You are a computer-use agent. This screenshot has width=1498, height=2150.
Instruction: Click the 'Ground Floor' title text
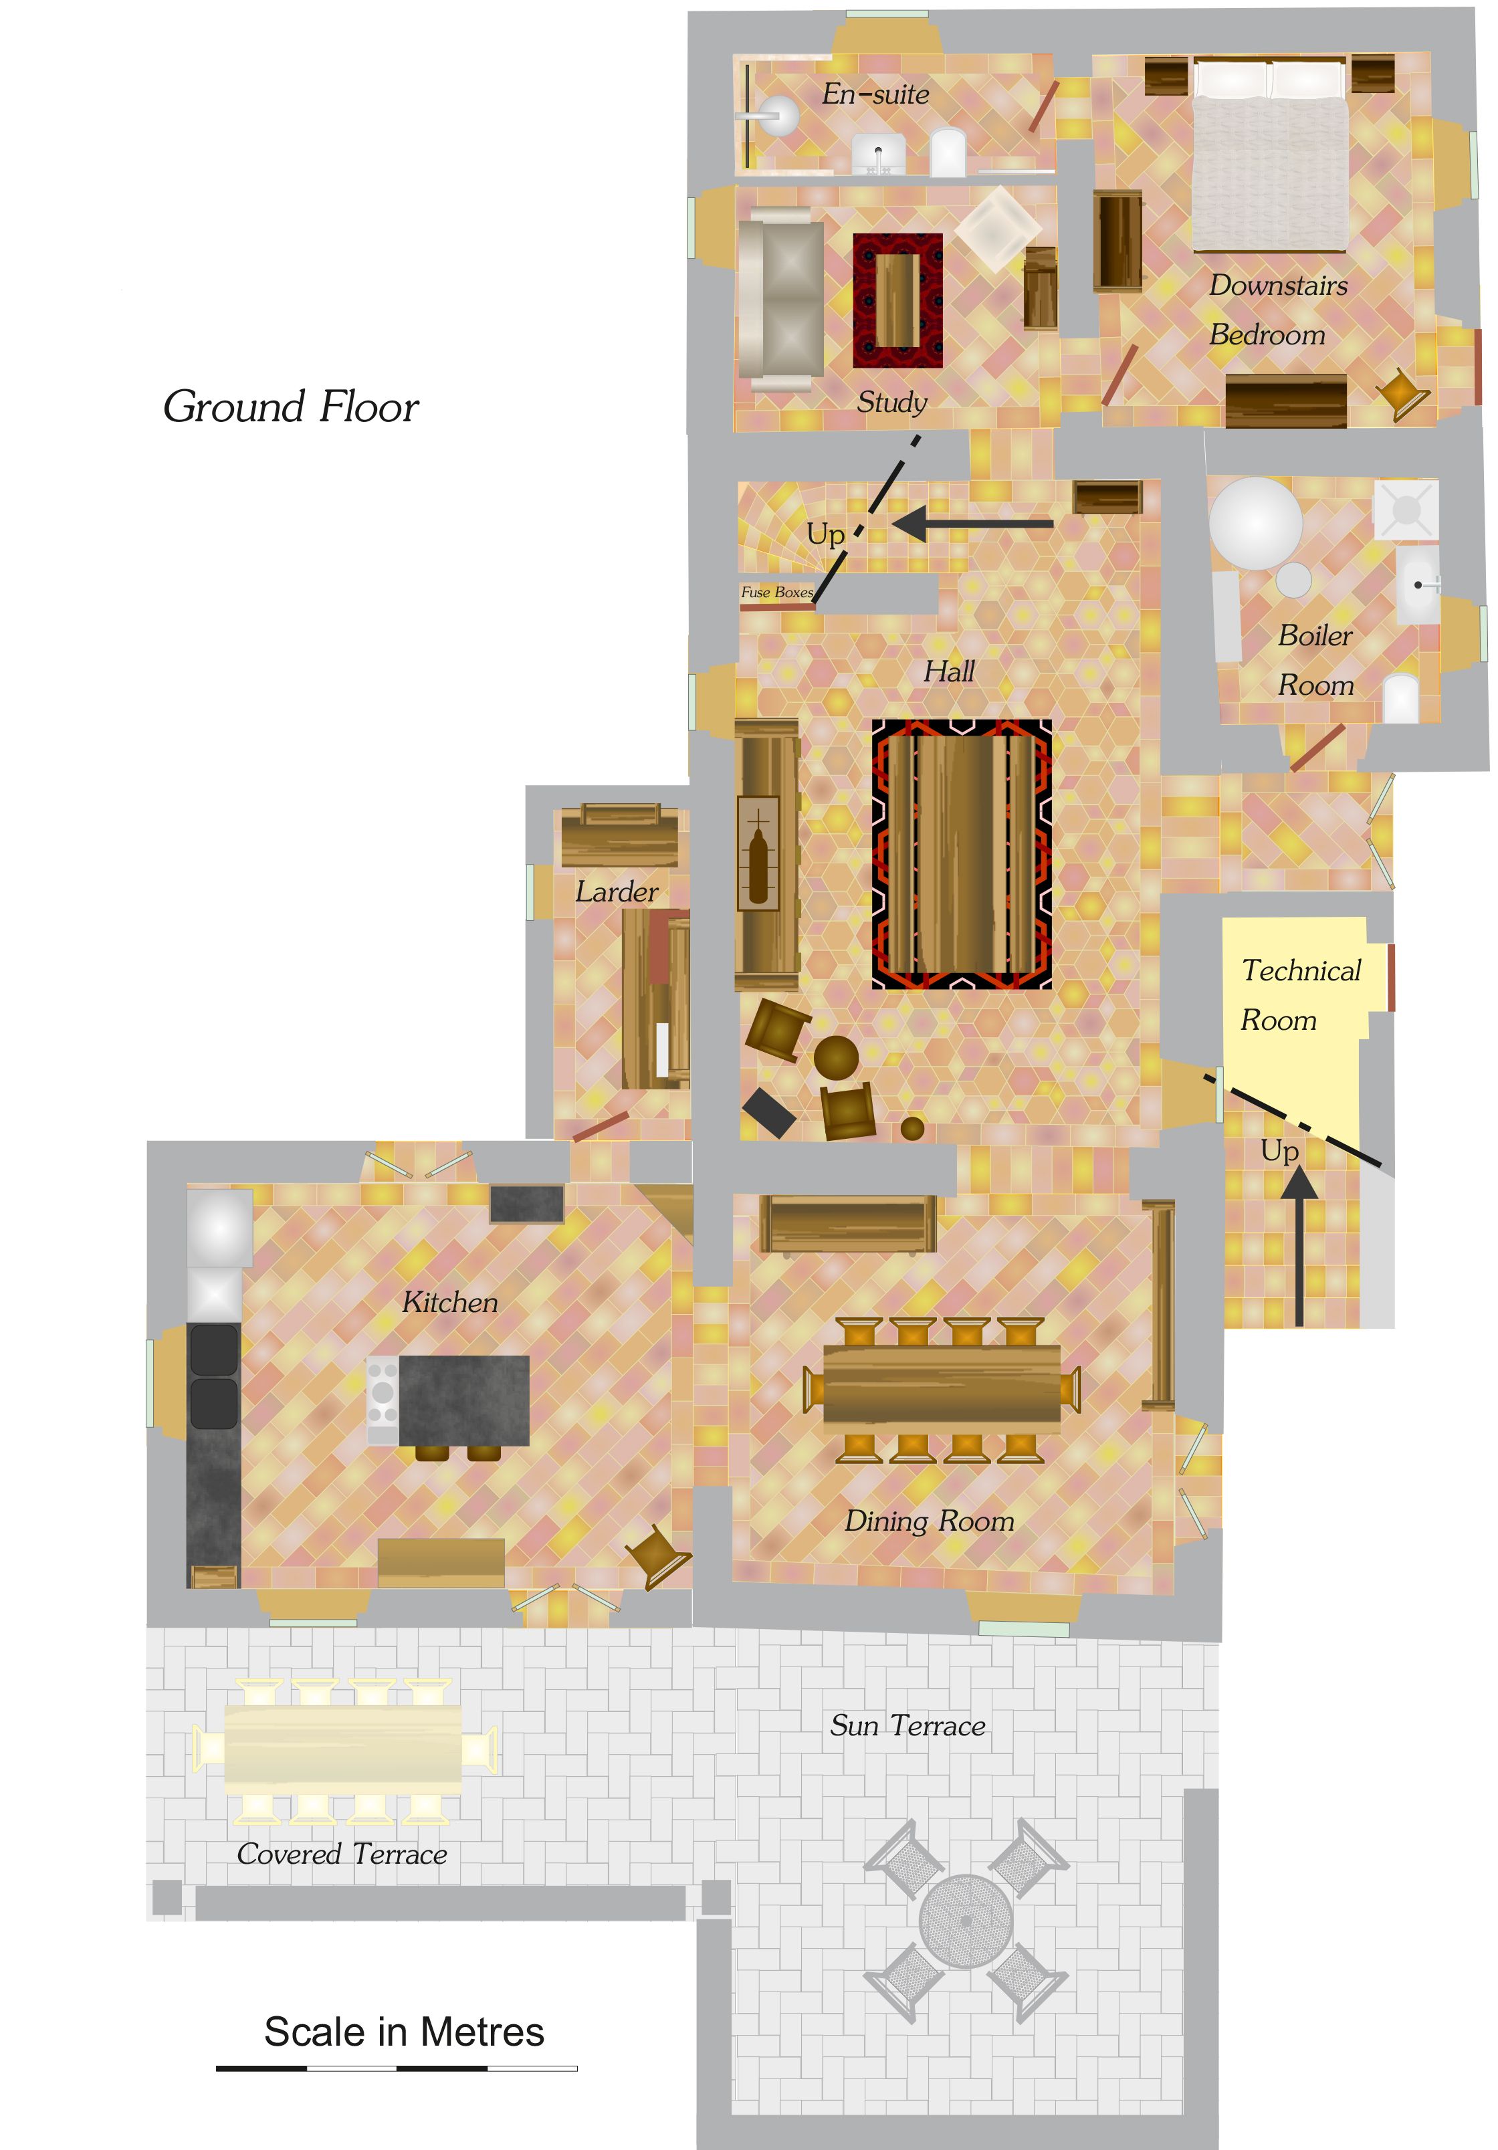290,407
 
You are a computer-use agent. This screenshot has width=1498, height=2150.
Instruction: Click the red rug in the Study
897,300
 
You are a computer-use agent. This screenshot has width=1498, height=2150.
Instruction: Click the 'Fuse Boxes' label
777,592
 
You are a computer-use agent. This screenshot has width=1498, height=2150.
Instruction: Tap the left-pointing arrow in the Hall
972,524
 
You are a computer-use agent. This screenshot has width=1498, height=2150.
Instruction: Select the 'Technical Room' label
1301,994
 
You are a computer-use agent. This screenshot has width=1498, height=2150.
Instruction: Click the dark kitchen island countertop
463,1400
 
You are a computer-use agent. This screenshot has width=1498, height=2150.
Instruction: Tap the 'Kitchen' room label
449,1301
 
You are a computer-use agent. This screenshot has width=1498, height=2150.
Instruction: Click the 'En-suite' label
875,94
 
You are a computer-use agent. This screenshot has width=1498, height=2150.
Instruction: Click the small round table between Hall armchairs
836,1058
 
